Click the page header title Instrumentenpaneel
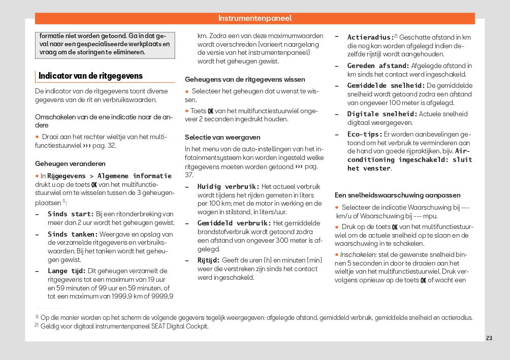click(x=255, y=18)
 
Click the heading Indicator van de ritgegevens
click(x=90, y=76)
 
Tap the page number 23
click(x=489, y=339)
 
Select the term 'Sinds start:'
click(x=71, y=214)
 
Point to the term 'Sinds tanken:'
click(x=72, y=235)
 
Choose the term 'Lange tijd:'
click(x=67, y=271)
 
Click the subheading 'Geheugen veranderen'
click(x=70, y=163)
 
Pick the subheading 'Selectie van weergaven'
click(x=222, y=137)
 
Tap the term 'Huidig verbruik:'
click(x=228, y=186)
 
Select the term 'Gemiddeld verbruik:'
click(x=234, y=223)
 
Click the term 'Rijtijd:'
click(x=208, y=260)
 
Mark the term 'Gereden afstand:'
click(x=378, y=66)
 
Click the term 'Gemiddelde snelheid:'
click(x=386, y=86)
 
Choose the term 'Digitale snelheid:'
click(x=382, y=114)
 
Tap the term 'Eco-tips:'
click(x=365, y=135)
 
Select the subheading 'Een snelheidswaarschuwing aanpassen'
click(x=397, y=195)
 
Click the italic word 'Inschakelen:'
click(x=358, y=254)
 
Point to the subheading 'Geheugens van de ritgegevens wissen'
click(x=245, y=80)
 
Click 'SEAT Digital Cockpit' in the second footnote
click(x=180, y=326)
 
